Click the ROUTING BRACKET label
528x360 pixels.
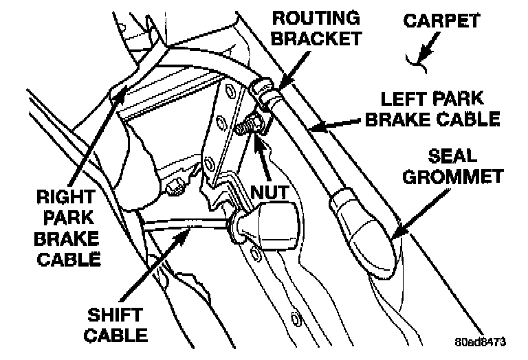click(x=315, y=25)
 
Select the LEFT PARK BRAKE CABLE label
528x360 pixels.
click(x=432, y=109)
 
